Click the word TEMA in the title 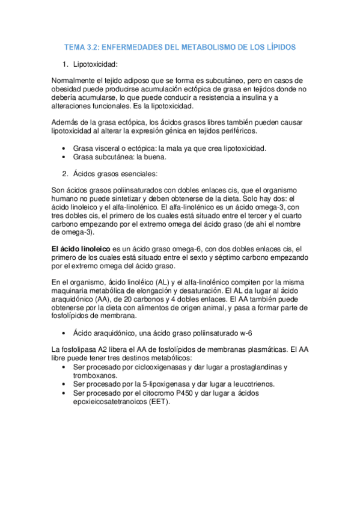point(76,46)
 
